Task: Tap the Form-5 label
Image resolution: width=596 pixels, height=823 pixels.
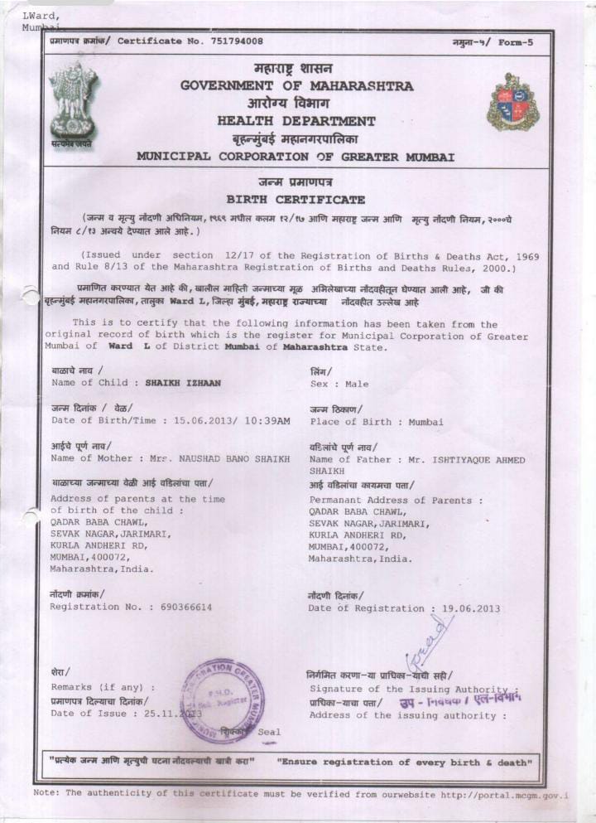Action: point(517,42)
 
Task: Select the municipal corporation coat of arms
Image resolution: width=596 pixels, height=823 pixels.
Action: point(512,103)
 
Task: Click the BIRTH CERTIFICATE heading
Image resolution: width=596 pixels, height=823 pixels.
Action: point(296,200)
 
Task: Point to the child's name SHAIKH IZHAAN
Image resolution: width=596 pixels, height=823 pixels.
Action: point(183,383)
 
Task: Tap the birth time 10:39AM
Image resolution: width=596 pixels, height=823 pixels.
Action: point(268,421)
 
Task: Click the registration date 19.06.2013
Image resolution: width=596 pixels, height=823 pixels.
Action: point(471,608)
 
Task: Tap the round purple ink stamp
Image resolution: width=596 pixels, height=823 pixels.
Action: point(225,699)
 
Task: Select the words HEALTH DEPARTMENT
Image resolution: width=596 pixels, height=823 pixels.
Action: point(296,121)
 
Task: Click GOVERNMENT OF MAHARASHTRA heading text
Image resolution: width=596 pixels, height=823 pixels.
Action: point(297,85)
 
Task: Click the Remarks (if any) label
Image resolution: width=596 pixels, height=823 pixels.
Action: point(103,687)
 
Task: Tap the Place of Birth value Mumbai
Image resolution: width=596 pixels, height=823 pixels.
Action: point(425,422)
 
